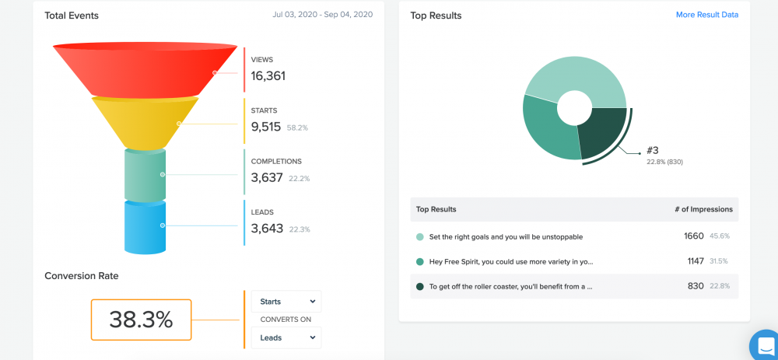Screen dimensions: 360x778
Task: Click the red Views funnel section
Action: pos(145,68)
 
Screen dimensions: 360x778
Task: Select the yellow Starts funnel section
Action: pos(145,121)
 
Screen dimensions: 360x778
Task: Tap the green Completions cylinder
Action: pos(145,174)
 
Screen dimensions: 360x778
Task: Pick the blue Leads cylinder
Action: pos(145,226)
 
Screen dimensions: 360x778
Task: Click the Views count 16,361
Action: pos(268,75)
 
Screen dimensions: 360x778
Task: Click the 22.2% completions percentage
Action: pos(300,179)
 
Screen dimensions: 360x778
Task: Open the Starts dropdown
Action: pos(286,301)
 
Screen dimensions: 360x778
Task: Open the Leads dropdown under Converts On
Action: pos(286,337)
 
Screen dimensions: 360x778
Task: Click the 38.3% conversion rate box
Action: pos(141,320)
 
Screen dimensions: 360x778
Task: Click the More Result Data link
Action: pos(706,15)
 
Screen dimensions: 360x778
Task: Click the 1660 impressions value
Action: pos(693,236)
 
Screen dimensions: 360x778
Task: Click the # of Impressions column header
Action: pos(703,209)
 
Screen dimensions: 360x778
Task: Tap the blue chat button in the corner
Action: pos(765,345)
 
